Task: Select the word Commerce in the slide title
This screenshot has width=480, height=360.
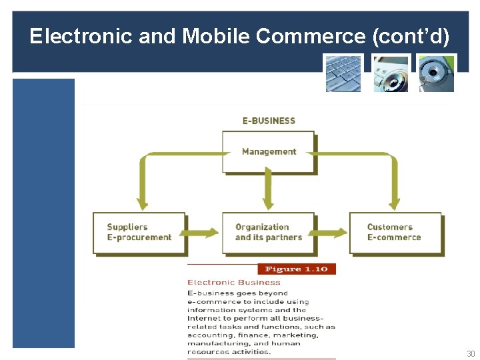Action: click(310, 36)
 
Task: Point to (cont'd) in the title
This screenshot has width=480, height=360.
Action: click(411, 36)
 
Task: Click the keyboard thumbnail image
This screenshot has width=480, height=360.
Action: click(343, 73)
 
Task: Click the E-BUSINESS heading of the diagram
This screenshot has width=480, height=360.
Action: click(269, 121)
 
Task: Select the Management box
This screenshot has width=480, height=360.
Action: click(269, 151)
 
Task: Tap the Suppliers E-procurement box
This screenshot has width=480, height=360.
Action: click(139, 232)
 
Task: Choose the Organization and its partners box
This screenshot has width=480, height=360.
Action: click(268, 232)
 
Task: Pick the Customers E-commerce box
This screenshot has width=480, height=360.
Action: click(395, 232)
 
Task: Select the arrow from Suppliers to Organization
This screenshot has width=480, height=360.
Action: click(203, 233)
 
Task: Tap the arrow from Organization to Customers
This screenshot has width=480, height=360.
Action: click(331, 233)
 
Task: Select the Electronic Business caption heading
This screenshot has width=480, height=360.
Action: click(234, 282)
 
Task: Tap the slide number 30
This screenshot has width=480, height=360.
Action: click(471, 354)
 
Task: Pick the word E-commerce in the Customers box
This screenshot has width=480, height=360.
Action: click(394, 237)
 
